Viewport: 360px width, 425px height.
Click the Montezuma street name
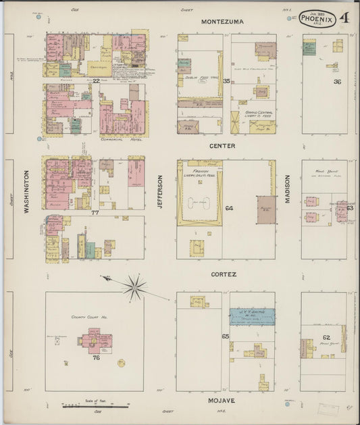tap(222, 22)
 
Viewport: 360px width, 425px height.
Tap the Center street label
tap(222, 145)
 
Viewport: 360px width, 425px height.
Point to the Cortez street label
tap(222, 274)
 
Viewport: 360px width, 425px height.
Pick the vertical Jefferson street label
tap(160, 192)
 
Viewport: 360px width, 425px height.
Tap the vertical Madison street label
tap(286, 192)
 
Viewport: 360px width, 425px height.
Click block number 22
tap(97, 81)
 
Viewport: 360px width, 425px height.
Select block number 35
tap(227, 81)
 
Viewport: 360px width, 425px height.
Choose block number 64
tap(229, 208)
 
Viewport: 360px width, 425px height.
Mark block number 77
tap(95, 211)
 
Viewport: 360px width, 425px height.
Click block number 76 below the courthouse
tap(96, 357)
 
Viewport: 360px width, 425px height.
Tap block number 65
tap(225, 336)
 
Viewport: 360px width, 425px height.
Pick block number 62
tap(326, 337)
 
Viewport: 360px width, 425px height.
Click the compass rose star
tap(134, 288)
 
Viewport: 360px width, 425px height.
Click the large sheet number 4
tap(345, 17)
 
